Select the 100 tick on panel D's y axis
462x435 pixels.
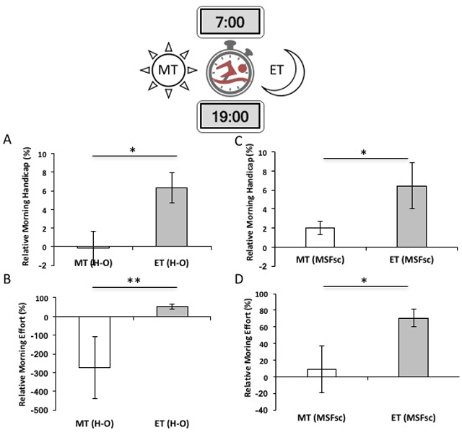point(279,294)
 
